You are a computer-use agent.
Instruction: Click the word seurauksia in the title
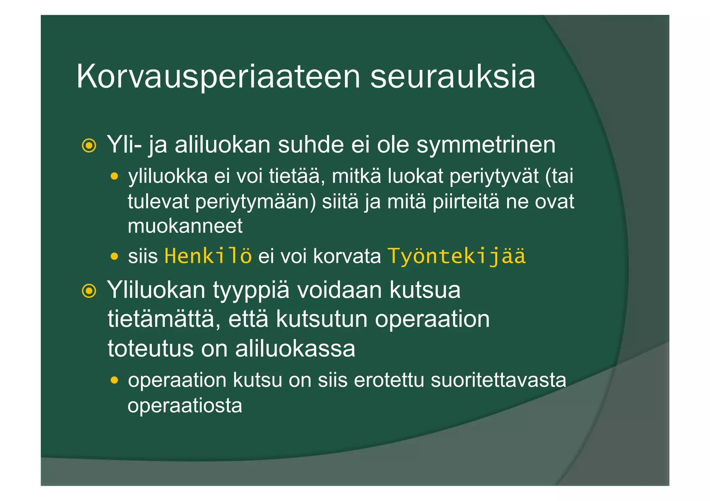pos(452,77)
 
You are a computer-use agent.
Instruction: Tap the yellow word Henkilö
pos(208,256)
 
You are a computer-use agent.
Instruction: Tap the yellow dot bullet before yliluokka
pos(114,177)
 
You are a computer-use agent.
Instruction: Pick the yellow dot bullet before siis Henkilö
pos(114,257)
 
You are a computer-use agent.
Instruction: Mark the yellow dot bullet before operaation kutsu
pos(114,381)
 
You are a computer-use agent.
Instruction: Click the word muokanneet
pos(185,226)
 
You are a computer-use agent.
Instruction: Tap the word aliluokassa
pos(295,348)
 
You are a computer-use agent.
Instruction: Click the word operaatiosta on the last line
pos(185,405)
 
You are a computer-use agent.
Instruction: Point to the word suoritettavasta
pos(498,380)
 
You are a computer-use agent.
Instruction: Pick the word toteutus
pos(150,348)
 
